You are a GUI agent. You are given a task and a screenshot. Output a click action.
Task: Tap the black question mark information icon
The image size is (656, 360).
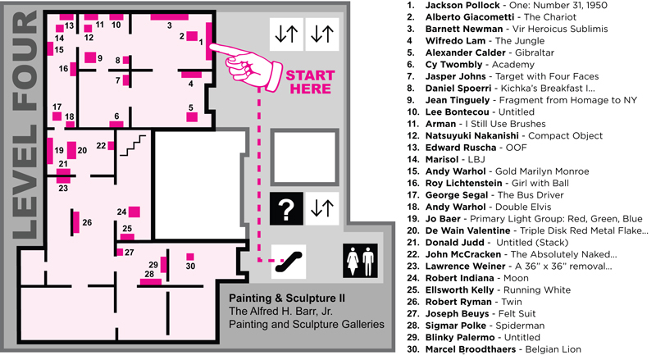[x=285, y=209]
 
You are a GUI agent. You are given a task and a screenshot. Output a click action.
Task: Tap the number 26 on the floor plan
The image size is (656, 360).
[x=87, y=222]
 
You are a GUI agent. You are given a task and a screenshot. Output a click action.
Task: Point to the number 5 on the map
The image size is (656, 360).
[x=190, y=107]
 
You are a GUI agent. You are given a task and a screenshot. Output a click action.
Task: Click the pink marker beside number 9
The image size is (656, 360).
[x=88, y=57]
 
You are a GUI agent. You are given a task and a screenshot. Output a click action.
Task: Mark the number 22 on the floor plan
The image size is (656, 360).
[x=100, y=146]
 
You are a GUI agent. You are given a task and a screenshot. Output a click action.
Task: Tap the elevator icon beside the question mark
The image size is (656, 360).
[x=321, y=209]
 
